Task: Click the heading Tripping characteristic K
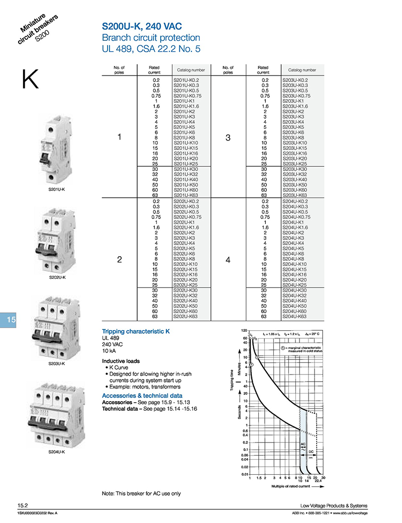pos(136,332)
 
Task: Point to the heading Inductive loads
pos(121,361)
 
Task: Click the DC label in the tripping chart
pos(311,451)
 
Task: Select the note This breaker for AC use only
pos(141,493)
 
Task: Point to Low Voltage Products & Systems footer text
pos(334,505)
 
